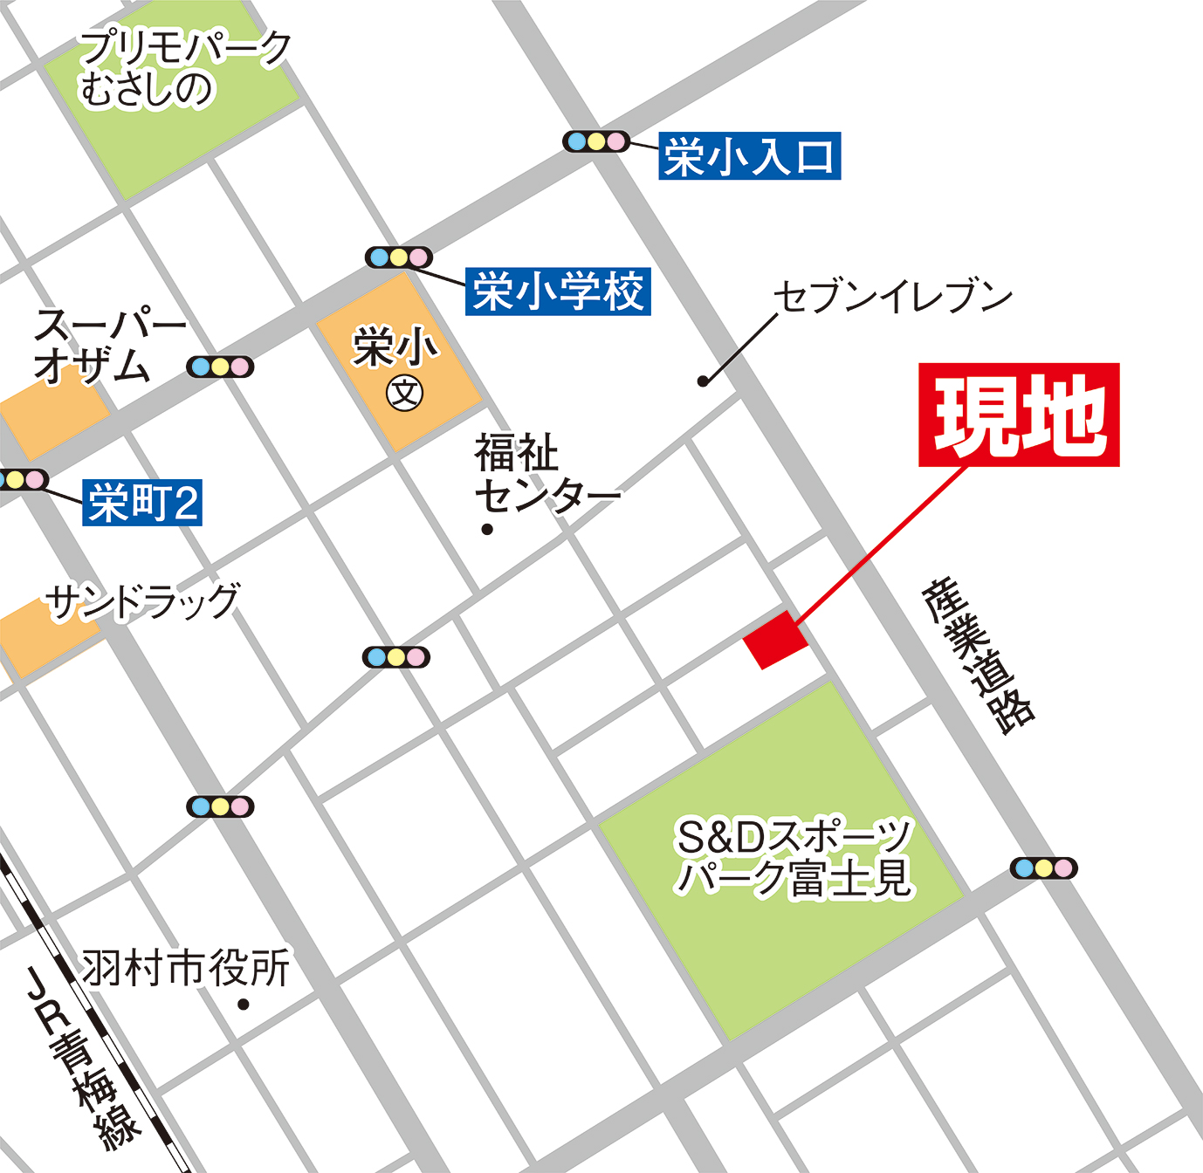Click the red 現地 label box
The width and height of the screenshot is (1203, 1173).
1019,415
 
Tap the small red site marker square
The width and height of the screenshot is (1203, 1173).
775,640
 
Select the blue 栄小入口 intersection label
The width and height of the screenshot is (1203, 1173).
749,156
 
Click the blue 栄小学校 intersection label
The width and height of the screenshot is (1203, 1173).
558,291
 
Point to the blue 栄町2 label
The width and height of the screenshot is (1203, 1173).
142,503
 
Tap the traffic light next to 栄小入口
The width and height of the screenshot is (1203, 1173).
596,141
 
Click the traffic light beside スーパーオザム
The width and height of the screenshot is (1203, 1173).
220,367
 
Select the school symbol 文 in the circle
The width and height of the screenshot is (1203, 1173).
404,394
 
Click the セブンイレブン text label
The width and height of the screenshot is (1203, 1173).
892,297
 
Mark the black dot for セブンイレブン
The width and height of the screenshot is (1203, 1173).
703,381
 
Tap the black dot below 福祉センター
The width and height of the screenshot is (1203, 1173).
487,529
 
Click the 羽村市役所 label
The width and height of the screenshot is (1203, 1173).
186,968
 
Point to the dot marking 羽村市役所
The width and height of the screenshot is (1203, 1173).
244,1005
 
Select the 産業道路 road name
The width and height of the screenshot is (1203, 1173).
979,655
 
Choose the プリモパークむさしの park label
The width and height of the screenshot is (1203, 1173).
183,69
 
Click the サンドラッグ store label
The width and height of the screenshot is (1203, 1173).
142,600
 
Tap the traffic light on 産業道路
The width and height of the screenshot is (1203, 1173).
1043,868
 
